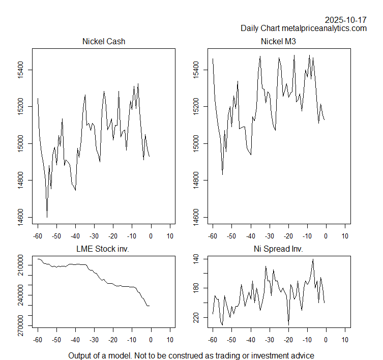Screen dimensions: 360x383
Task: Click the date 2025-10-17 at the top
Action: coord(346,20)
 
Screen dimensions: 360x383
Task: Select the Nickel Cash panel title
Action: coord(104,42)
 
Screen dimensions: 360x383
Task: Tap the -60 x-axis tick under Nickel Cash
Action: coord(38,236)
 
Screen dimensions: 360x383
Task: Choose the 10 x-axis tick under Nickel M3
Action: coord(345,236)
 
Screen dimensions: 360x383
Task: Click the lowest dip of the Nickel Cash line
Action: coord(47,218)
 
